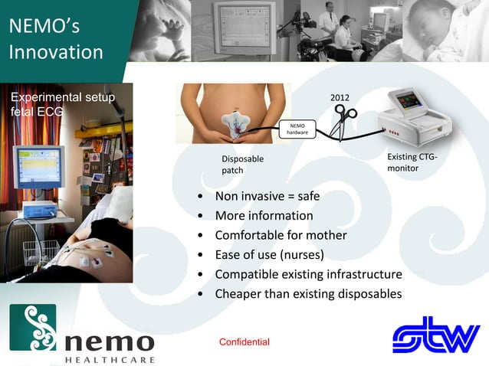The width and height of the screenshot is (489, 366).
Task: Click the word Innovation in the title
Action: coord(56,52)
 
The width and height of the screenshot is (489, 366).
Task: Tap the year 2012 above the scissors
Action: coord(340,99)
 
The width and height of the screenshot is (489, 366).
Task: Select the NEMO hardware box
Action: coord(297,129)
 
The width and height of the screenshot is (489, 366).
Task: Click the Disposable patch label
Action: coord(242,165)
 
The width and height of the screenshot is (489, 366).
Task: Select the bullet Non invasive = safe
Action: coord(267,196)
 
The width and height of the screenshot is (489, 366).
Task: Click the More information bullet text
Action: coord(264,216)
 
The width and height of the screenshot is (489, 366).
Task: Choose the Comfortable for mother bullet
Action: coord(281,235)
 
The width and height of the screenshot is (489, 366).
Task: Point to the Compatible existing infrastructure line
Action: coord(308,274)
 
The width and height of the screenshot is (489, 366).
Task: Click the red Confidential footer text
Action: coord(244,341)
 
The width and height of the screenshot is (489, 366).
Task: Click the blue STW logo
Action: coord(435,335)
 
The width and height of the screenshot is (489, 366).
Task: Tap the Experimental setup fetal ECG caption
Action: coord(61,104)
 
